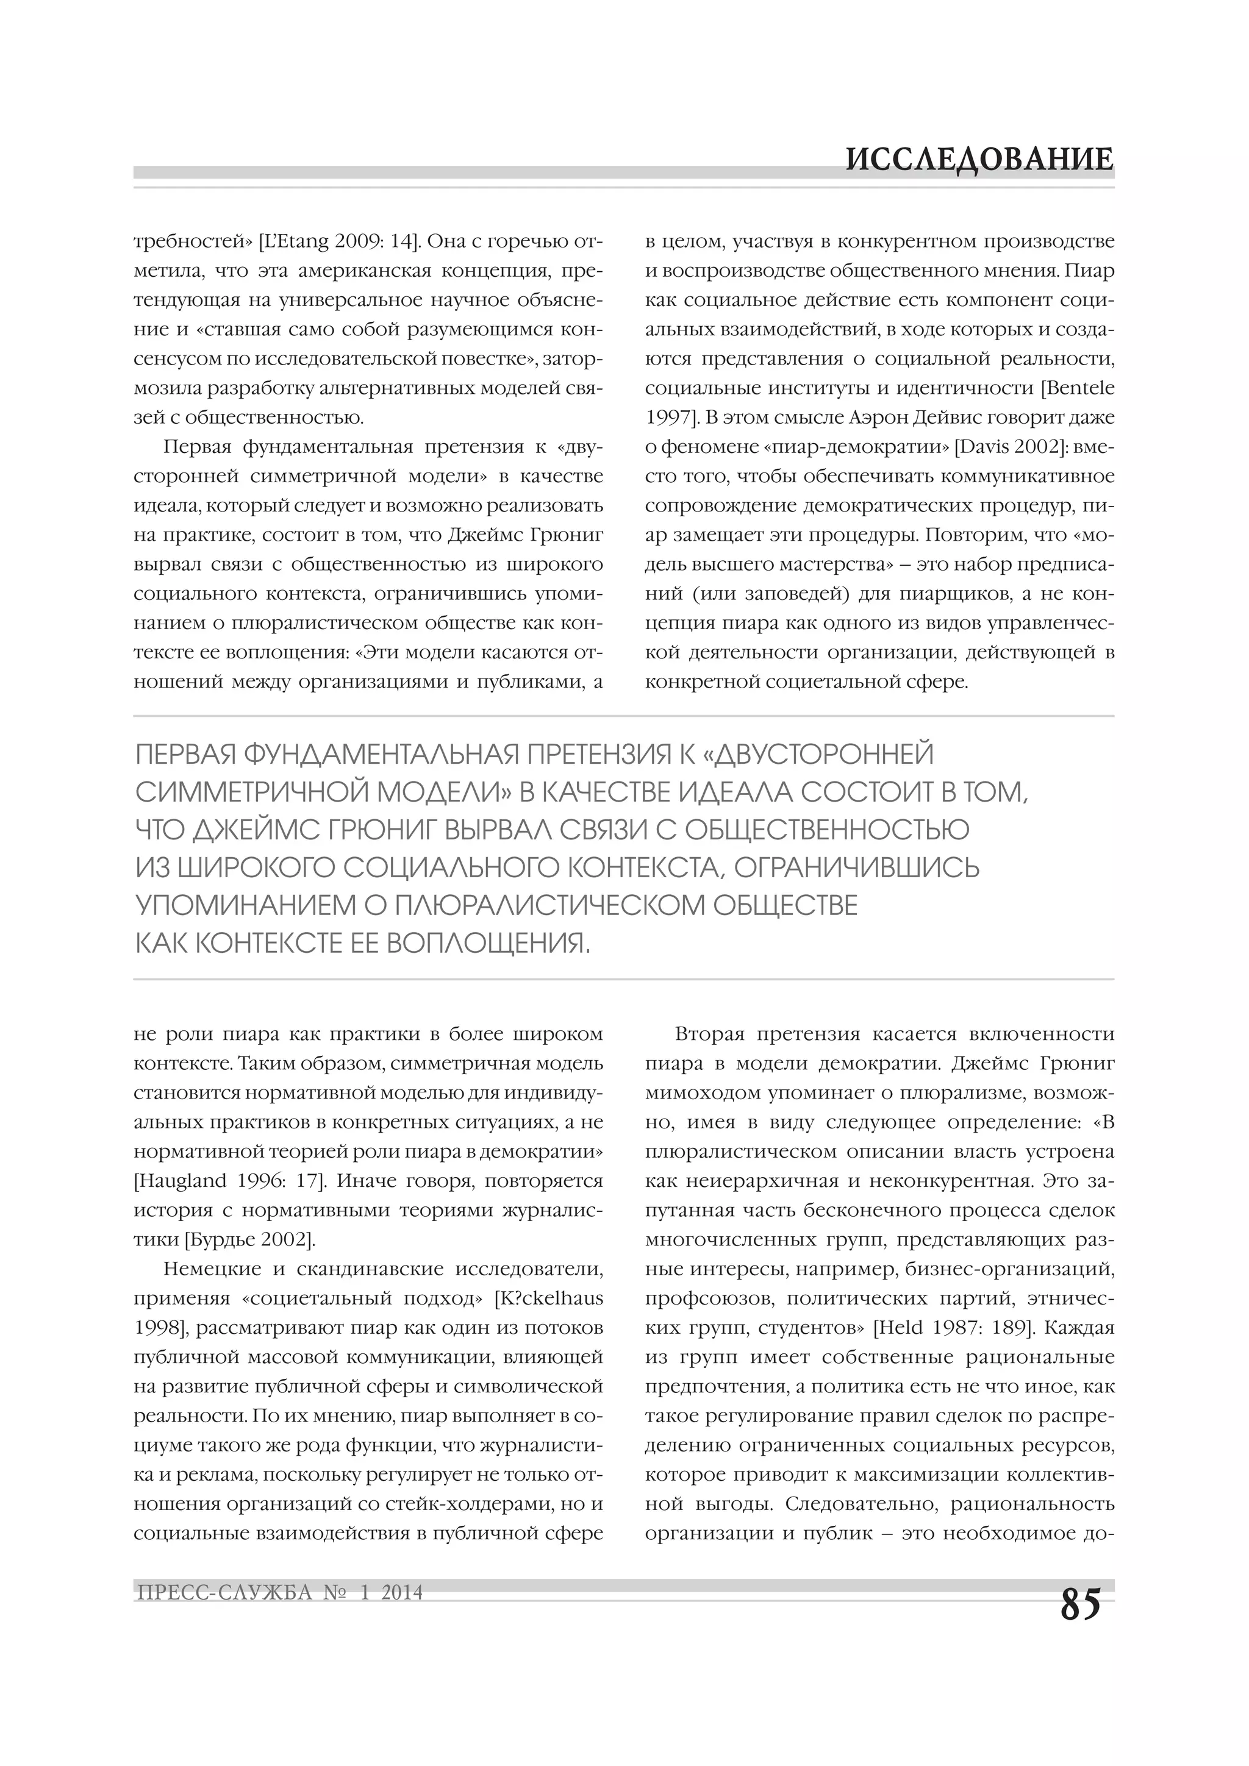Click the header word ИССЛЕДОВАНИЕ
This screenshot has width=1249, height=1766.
coord(979,159)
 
